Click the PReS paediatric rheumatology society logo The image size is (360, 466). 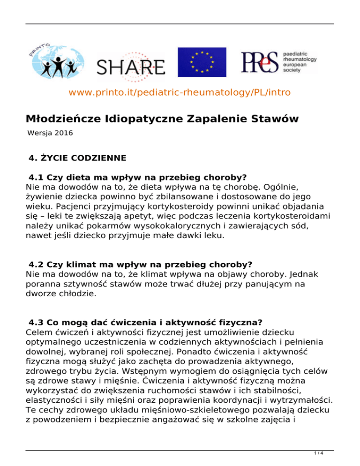click(278, 60)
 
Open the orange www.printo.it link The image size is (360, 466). click(180, 92)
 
